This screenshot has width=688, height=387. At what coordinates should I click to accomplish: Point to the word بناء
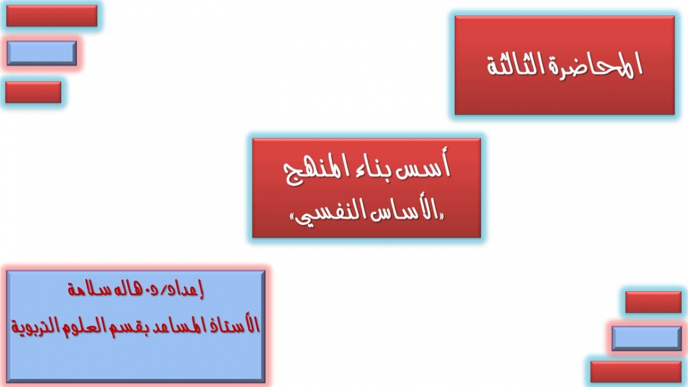point(368,169)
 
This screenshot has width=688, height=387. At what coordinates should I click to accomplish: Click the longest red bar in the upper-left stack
point(52,15)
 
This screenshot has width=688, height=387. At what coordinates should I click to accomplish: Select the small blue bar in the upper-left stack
point(42,53)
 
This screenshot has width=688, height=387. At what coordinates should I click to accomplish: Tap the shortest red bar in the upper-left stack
point(33,92)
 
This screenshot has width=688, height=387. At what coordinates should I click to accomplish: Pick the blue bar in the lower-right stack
point(647,338)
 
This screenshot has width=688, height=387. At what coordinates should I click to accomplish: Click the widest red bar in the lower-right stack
point(636,372)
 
